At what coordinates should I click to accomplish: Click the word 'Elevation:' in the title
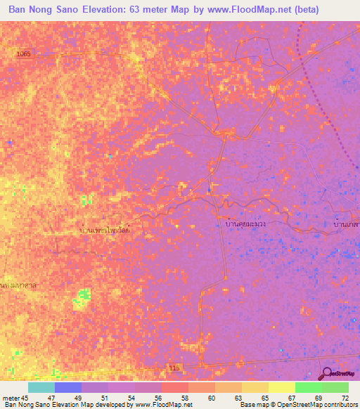pos(111,10)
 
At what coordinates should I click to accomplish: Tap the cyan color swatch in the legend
pos(41,388)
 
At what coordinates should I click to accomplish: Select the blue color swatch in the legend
pos(68,388)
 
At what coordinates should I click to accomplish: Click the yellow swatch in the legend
pos(282,388)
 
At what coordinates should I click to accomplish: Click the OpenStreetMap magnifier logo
pos(328,375)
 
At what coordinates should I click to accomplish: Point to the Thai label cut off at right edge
pos(346,224)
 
